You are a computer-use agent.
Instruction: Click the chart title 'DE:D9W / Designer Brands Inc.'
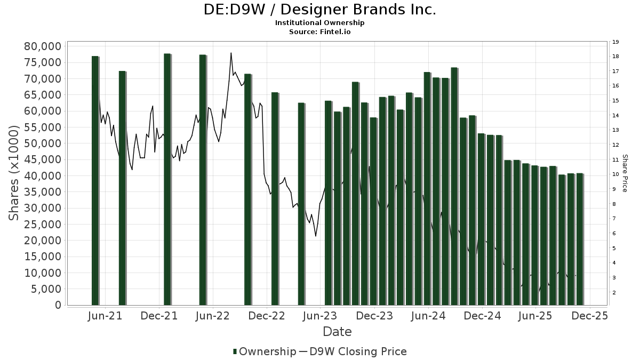coord(320,10)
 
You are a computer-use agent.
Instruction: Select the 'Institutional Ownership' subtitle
coord(320,23)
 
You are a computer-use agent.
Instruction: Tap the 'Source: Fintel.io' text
coord(320,32)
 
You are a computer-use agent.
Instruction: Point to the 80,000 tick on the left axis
coord(43,46)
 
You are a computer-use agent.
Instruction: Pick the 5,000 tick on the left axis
coord(45,289)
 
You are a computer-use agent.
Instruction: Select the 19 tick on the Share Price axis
coord(615,42)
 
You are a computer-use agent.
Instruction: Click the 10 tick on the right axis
coord(615,174)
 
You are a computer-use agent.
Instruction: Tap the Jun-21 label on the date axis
coord(105,316)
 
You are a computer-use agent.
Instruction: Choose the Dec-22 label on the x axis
coord(267,316)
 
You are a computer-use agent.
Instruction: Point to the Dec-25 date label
coord(590,316)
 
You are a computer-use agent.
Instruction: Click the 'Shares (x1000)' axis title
coord(15,173)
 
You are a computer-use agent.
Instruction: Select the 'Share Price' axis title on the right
coord(625,173)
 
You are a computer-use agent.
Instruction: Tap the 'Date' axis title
coord(337,332)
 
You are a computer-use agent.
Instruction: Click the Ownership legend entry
coord(265,351)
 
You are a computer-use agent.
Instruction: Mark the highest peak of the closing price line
coord(231,53)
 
